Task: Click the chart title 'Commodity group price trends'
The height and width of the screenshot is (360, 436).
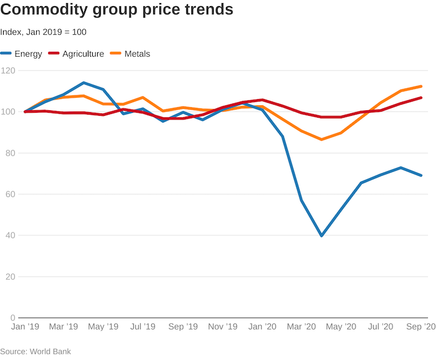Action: tap(117, 11)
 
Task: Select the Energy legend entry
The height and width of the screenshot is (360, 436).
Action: tap(22, 54)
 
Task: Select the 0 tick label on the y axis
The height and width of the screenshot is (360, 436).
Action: tap(12, 318)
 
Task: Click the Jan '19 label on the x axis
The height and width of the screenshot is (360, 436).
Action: tap(26, 326)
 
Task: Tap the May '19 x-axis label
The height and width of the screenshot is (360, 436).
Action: tap(103, 326)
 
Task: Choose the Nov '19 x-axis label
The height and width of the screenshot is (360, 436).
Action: tap(222, 326)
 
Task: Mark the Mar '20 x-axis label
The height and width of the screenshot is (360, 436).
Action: tap(301, 326)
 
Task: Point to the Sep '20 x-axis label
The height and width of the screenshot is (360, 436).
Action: tap(422, 326)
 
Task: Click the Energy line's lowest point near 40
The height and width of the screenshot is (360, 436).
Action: tap(321, 235)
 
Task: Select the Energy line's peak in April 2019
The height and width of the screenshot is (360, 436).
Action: tap(84, 83)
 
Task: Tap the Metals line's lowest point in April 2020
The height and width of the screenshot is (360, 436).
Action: tap(321, 140)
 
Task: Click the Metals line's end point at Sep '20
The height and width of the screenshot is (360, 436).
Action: tap(421, 87)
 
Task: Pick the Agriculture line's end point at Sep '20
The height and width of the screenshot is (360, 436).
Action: tap(421, 98)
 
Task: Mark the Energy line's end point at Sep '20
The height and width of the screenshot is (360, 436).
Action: tap(421, 175)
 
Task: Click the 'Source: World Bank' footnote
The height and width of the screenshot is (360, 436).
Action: tap(36, 351)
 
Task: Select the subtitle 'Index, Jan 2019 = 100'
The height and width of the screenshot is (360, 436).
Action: tap(43, 32)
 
